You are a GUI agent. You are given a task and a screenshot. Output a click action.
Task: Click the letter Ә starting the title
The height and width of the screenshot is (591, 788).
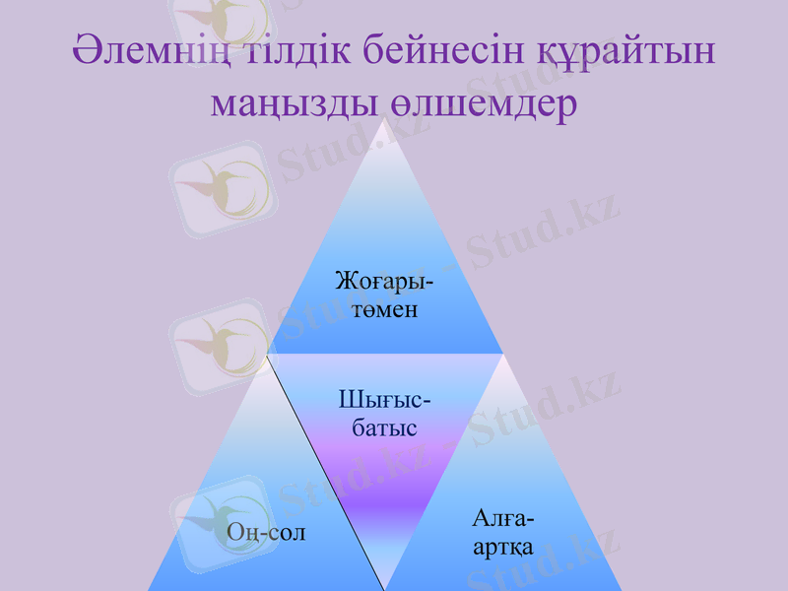point(88,50)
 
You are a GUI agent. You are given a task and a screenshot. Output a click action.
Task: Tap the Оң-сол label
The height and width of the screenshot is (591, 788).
point(266,533)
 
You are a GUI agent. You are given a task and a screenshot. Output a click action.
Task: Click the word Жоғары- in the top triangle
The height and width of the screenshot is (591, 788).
point(384,281)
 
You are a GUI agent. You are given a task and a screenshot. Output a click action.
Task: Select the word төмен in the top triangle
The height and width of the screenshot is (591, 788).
point(384,310)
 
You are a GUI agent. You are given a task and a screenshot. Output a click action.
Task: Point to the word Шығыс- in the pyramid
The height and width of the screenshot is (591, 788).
point(384,400)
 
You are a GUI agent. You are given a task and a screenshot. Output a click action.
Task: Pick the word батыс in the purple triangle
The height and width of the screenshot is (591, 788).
point(384,428)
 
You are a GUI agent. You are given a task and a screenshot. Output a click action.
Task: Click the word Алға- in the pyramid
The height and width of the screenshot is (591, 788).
point(502,518)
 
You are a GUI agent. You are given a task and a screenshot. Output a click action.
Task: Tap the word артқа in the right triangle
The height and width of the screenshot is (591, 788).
point(502,547)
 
